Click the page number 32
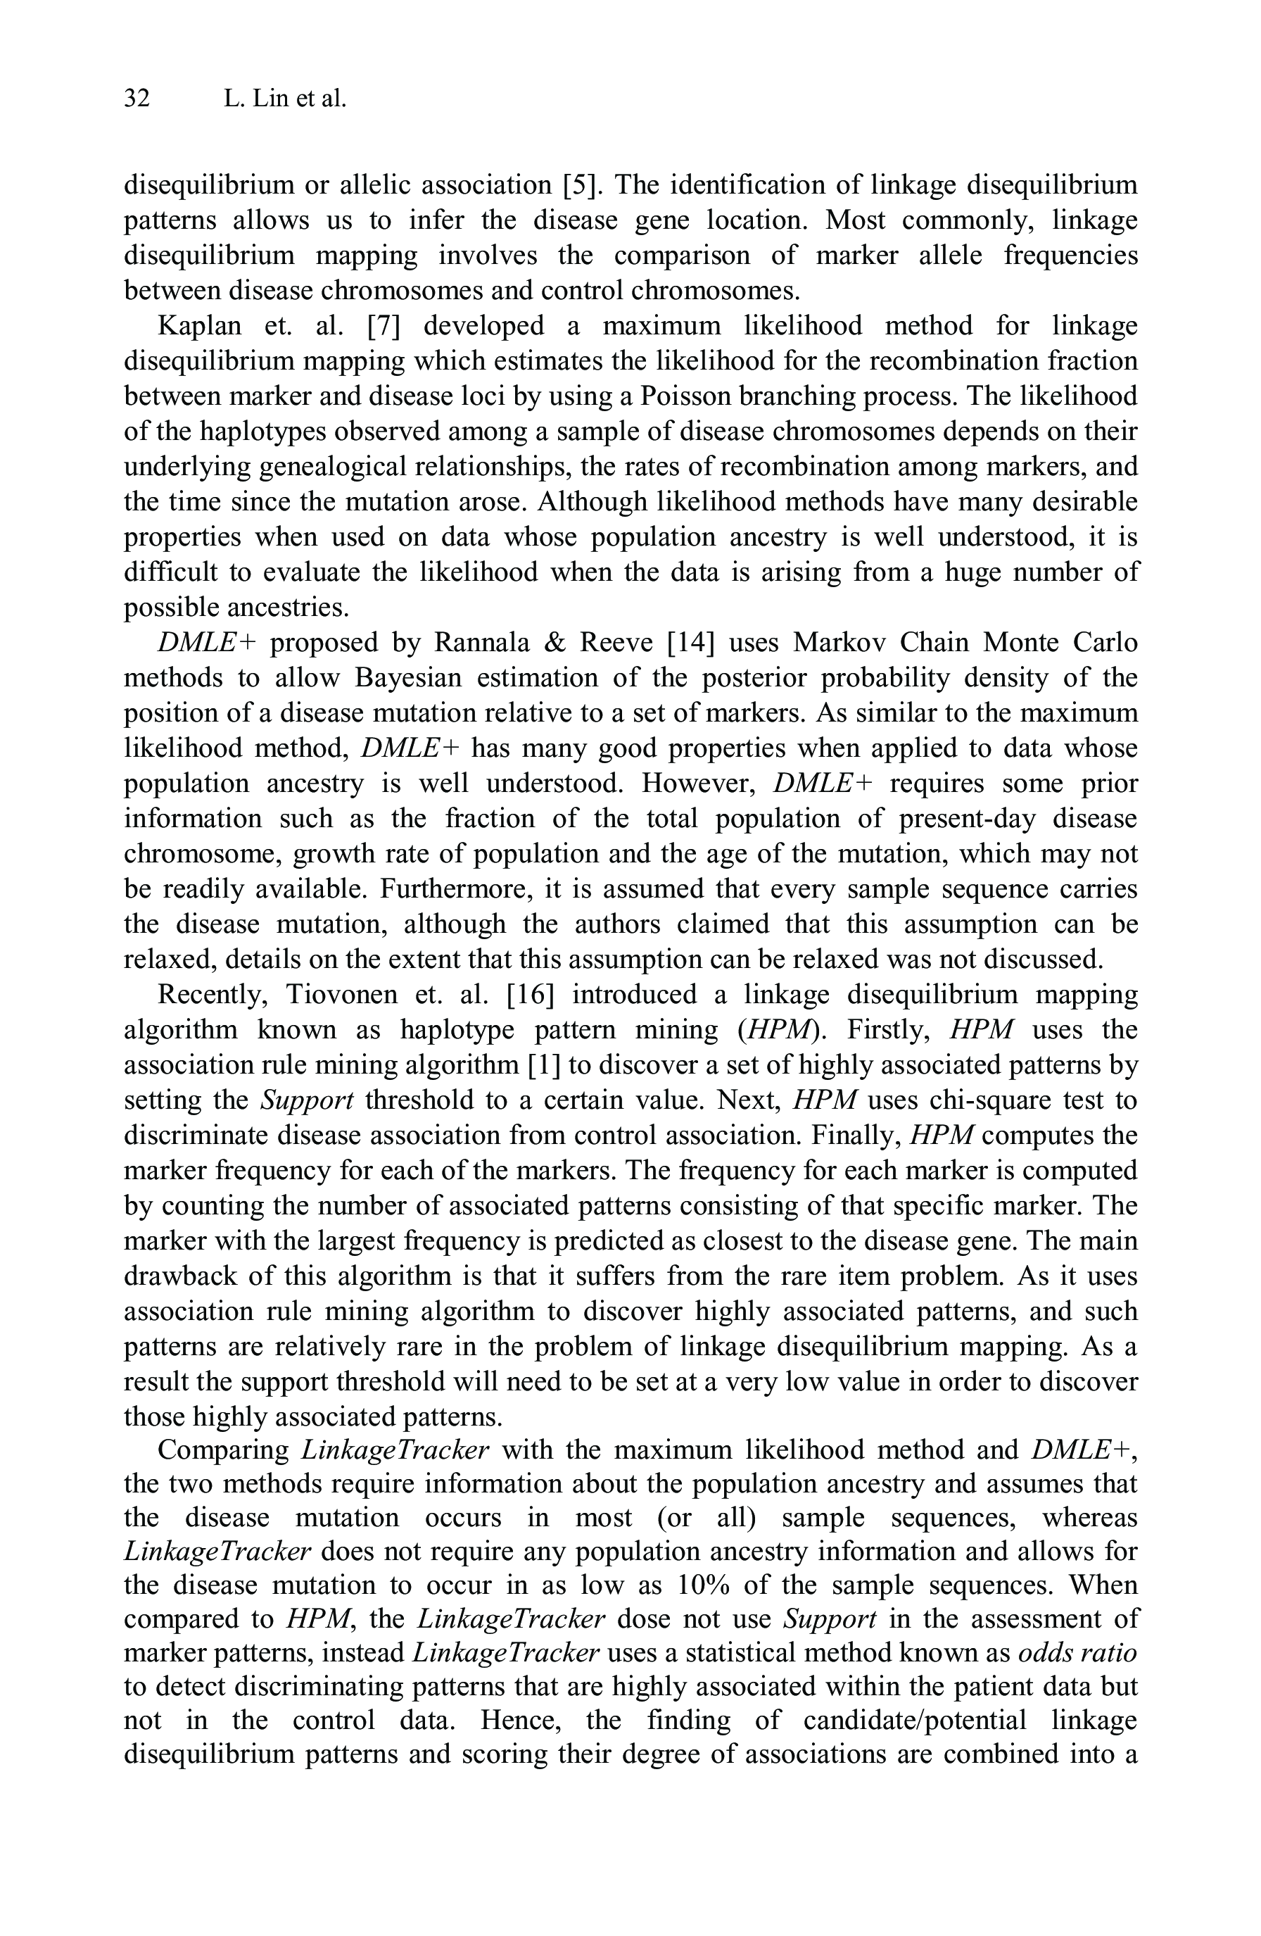(137, 99)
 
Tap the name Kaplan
(199, 326)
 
